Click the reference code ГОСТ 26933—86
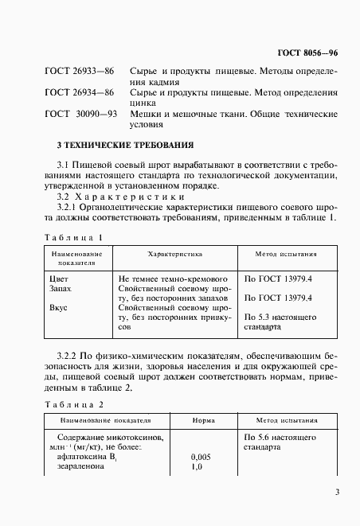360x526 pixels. pyautogui.click(x=79, y=72)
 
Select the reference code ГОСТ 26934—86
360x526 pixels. pyautogui.click(x=79, y=92)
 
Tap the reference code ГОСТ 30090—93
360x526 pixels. pyautogui.click(x=80, y=114)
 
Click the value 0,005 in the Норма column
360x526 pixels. pyautogui.click(x=202, y=458)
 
